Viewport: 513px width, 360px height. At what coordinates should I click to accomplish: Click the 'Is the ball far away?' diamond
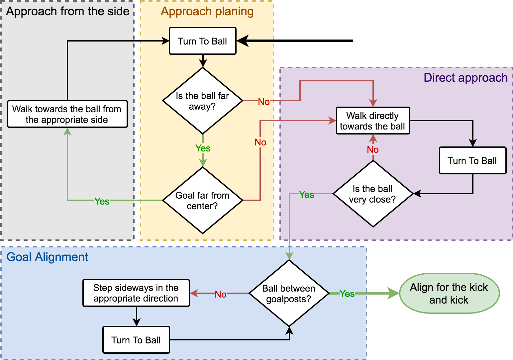click(203, 101)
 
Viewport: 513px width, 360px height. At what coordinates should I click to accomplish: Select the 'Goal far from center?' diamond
click(203, 200)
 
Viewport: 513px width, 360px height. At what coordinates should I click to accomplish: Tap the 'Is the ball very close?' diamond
click(373, 194)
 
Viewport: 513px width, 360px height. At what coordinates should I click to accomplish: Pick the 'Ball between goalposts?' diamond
click(289, 293)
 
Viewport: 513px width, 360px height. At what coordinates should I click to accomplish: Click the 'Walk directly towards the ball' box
click(373, 121)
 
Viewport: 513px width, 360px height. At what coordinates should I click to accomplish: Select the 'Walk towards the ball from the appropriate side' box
click(67, 114)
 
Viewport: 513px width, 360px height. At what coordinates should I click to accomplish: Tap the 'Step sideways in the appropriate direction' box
click(136, 293)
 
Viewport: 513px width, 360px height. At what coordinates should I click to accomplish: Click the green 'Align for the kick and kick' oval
click(449, 293)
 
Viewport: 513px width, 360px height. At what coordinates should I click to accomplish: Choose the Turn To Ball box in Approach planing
click(203, 41)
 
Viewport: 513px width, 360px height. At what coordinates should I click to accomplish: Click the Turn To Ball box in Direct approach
click(472, 160)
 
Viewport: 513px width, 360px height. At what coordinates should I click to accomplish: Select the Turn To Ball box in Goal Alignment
click(136, 340)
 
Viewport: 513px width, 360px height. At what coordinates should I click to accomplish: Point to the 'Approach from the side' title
click(68, 11)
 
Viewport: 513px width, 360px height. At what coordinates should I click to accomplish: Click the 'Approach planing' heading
click(207, 11)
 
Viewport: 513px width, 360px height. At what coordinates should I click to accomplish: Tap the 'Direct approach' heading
click(465, 78)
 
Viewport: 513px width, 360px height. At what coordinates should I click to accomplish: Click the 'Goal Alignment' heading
click(47, 257)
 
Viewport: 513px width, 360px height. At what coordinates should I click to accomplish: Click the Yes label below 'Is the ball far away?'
click(203, 148)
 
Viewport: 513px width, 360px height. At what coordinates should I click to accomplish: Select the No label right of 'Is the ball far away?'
click(264, 102)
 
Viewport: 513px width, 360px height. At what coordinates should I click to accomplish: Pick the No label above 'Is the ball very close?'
click(373, 149)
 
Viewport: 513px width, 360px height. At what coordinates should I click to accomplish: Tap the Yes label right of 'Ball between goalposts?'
click(347, 294)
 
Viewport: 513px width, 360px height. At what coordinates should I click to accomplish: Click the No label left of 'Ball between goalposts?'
click(221, 294)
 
